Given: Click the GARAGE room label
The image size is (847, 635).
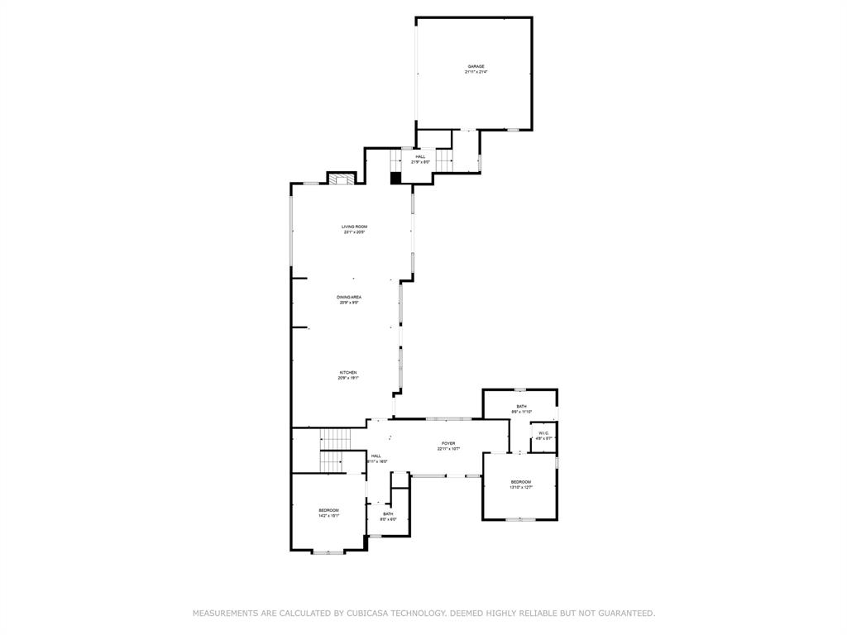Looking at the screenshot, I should pyautogui.click(x=476, y=66).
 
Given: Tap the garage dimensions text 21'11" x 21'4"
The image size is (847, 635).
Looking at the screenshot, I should pyautogui.click(x=476, y=72).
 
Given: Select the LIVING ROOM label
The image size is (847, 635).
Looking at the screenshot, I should pyautogui.click(x=355, y=227).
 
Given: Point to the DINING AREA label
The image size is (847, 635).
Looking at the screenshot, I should pyautogui.click(x=349, y=297).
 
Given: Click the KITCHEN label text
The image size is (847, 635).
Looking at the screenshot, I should pyautogui.click(x=348, y=373).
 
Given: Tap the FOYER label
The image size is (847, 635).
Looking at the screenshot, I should pyautogui.click(x=447, y=444).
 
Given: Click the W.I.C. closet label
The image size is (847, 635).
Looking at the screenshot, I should pyautogui.click(x=543, y=433).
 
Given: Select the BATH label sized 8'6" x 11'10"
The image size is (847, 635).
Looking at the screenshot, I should pyautogui.click(x=521, y=406).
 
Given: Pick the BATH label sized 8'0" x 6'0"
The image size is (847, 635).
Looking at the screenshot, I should pyautogui.click(x=388, y=514).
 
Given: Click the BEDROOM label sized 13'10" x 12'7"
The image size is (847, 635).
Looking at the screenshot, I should pyautogui.click(x=520, y=482).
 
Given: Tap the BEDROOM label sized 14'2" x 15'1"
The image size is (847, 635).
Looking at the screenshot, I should pyautogui.click(x=328, y=510).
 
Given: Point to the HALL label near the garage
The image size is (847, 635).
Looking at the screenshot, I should pyautogui.click(x=420, y=156).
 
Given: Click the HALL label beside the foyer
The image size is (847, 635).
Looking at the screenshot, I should pyautogui.click(x=376, y=456).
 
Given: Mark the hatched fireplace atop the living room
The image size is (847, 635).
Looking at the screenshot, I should pyautogui.click(x=341, y=178).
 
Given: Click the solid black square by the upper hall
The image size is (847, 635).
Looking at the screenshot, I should pyautogui.click(x=395, y=177).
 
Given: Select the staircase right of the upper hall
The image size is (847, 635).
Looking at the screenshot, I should pyautogui.click(x=445, y=159).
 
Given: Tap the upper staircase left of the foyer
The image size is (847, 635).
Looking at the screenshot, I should pyautogui.click(x=336, y=438).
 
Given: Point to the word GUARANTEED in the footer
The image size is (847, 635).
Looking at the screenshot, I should pyautogui.click(x=622, y=614).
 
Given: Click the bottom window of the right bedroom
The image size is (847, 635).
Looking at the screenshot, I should pyautogui.click(x=519, y=519).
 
